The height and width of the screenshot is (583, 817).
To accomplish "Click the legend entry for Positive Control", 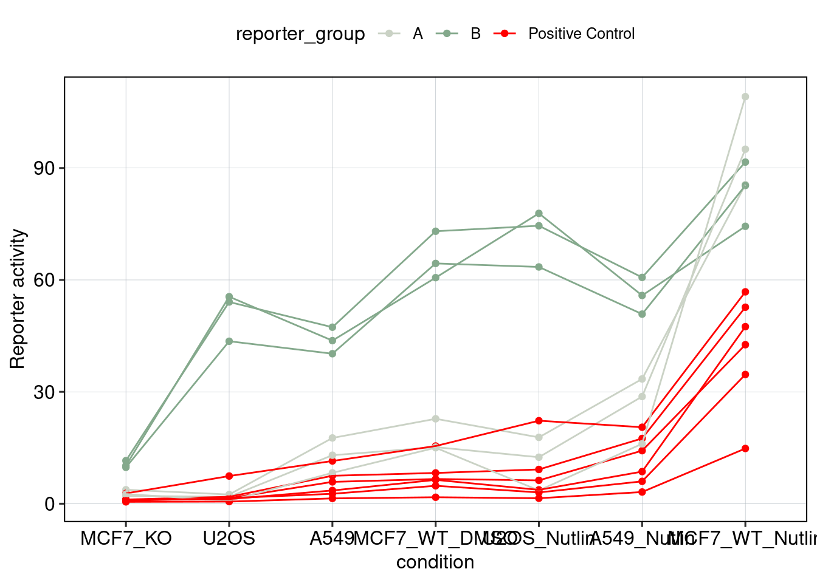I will pos(581,34).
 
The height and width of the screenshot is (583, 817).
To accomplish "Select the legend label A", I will pos(418,34).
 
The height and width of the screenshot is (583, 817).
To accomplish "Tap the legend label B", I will pos(475,34).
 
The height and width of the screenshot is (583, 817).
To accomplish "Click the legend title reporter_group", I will pos(300,34).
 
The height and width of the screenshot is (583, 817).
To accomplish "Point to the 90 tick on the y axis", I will pos(44,168).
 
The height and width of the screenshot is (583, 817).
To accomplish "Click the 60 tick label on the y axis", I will pos(44,280).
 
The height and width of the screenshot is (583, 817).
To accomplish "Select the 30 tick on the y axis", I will pos(44,392).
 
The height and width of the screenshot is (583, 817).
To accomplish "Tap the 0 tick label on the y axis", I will pos(50,503).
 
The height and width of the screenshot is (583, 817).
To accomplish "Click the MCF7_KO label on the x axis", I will pos(126,539).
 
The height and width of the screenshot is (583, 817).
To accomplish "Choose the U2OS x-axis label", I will pos(229,539).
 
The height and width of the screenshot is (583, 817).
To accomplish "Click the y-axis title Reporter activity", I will pos(18,299).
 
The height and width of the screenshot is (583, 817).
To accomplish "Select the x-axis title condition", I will pos(435,562).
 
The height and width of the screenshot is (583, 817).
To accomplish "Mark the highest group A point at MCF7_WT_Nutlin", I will pos(745,97).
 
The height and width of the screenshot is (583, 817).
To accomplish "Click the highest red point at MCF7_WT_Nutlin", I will pos(745,292).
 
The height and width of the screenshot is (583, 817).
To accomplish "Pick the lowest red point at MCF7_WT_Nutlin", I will pos(745,449).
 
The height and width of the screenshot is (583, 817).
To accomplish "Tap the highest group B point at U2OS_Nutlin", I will pos(539,214).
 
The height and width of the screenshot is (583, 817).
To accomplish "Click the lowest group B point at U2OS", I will pos(229,341).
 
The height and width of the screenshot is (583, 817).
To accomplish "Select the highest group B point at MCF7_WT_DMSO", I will pos(435,231).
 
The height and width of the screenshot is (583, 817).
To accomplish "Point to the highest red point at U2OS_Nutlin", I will pos(539,421).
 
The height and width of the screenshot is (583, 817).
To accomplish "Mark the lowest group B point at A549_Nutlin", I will pos(642,314).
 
